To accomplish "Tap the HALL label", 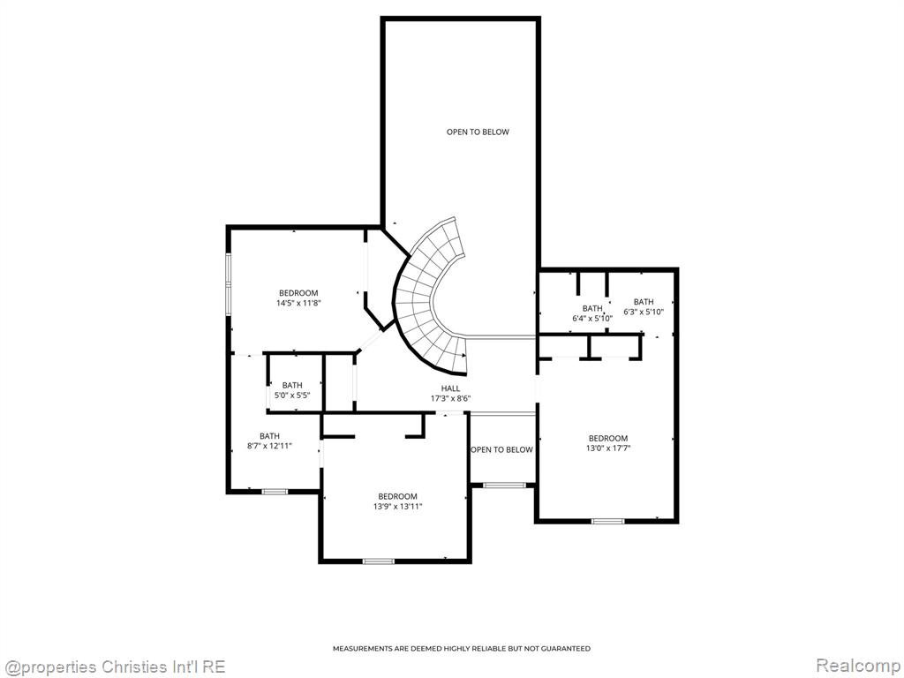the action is tap(450, 388).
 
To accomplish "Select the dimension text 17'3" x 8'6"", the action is tap(450, 398).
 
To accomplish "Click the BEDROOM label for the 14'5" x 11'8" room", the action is tap(298, 293).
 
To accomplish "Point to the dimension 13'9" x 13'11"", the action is tap(398, 506).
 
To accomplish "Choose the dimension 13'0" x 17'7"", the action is tap(608, 448).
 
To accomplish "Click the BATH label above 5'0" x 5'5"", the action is tap(292, 385).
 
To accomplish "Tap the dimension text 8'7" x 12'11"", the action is tap(269, 446).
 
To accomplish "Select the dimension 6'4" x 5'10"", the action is tap(592, 318).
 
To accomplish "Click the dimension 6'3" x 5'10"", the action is tap(644, 312).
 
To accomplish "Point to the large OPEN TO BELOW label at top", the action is tap(478, 132).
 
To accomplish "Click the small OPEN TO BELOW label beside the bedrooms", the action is tap(501, 449).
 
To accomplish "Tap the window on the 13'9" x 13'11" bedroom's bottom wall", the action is tap(378, 561).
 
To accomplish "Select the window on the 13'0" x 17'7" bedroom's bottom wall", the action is tap(607, 521).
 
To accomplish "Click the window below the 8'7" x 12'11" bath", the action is tap(275, 492).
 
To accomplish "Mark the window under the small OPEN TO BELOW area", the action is tap(504, 486).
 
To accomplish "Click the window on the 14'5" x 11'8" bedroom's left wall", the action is tap(229, 284).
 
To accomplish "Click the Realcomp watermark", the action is tap(856, 666).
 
